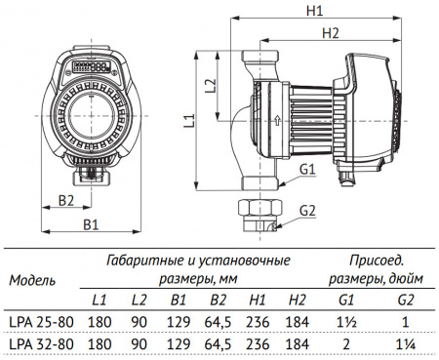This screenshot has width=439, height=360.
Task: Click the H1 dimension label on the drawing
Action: coord(313,12)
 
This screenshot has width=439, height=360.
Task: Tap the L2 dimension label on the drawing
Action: coord(213,85)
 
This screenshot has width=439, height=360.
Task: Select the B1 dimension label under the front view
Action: coord(90,225)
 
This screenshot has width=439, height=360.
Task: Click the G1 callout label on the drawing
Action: coord(307,170)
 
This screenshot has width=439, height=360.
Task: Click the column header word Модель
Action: coord(32,280)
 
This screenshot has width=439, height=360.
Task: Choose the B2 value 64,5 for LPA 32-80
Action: coord(218,343)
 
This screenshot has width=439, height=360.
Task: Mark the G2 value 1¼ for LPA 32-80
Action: coord(406,343)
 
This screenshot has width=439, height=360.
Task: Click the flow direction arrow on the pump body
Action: coord(277,123)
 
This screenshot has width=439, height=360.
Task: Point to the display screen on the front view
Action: coord(95,68)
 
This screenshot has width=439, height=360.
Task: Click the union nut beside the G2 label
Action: coord(257,211)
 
